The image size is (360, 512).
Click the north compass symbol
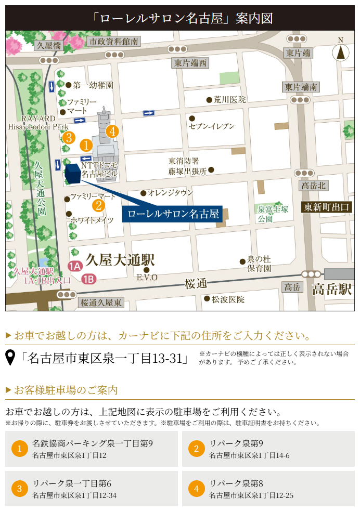click(341, 52)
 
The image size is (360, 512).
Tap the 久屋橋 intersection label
click(48, 46)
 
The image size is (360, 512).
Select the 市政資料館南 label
click(113, 42)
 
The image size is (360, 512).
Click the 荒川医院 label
click(229, 99)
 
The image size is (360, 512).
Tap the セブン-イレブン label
click(211, 126)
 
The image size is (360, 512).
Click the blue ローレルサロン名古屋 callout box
click(172, 214)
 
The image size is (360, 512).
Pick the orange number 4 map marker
click(112, 132)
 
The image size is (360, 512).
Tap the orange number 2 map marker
click(98, 205)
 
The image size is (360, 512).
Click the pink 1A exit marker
click(75, 267)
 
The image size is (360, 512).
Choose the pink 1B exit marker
click(89, 279)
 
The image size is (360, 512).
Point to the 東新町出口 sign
click(327, 207)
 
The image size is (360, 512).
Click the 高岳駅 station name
click(332, 290)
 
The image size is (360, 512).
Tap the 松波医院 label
click(227, 299)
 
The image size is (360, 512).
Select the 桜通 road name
click(196, 284)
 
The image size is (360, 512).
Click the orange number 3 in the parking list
click(19, 489)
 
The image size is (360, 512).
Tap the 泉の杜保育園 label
click(259, 264)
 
